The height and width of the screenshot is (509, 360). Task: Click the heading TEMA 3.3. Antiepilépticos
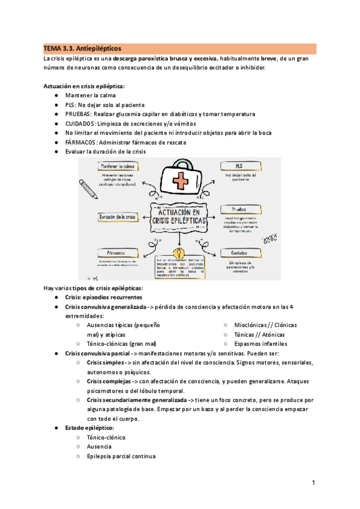click(82, 47)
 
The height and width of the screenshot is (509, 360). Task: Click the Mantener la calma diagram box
click(118, 165)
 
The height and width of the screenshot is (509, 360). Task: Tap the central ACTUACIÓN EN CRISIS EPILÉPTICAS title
click(179, 217)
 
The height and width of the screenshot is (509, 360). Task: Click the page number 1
click(313, 483)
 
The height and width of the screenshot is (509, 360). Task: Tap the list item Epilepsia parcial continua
click(121, 456)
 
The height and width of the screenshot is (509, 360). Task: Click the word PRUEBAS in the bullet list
click(79, 114)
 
